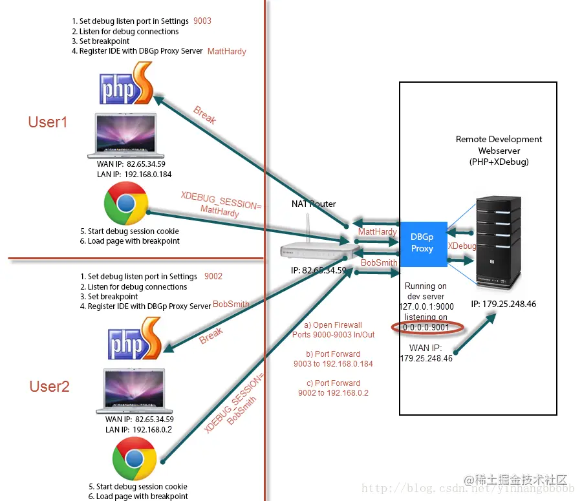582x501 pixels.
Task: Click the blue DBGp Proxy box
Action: pyautogui.click(x=424, y=244)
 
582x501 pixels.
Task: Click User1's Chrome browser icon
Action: pyautogui.click(x=126, y=204)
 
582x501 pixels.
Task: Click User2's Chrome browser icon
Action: pyautogui.click(x=135, y=459)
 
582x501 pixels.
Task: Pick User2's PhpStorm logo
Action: pyautogui.click(x=135, y=341)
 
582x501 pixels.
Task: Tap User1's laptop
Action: pyautogui.click(x=126, y=136)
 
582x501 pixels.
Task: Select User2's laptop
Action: pyautogui.click(x=135, y=391)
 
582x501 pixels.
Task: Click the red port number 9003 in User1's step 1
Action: pyautogui.click(x=202, y=21)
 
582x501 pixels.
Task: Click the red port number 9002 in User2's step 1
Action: pyautogui.click(x=213, y=276)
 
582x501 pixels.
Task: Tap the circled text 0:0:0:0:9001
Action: pyautogui.click(x=427, y=328)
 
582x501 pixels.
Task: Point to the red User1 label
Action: pyautogui.click(x=48, y=122)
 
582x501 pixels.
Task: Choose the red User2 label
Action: pyautogui.click(x=49, y=387)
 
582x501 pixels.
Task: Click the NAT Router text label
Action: pyautogui.click(x=314, y=204)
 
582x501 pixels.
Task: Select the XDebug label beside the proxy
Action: pyautogui.click(x=462, y=246)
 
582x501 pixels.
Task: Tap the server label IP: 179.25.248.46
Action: pyautogui.click(x=504, y=304)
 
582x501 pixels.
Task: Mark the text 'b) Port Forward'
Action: pyautogui.click(x=332, y=354)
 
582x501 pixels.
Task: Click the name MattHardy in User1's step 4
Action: pyautogui.click(x=227, y=51)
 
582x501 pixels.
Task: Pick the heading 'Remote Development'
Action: pyautogui.click(x=499, y=139)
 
